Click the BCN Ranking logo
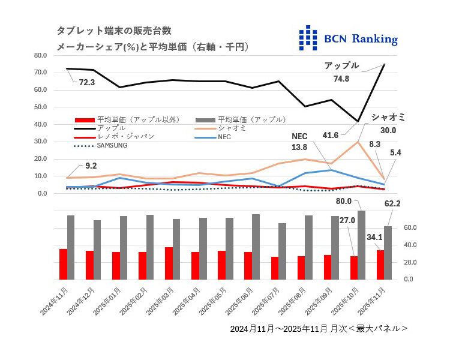[x=348, y=38]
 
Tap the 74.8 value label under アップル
[x=341, y=77]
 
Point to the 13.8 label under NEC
[x=299, y=147]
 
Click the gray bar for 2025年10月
[x=361, y=245]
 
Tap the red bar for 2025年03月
[x=169, y=263]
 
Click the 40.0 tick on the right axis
[x=409, y=245]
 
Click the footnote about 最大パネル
[x=319, y=328]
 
